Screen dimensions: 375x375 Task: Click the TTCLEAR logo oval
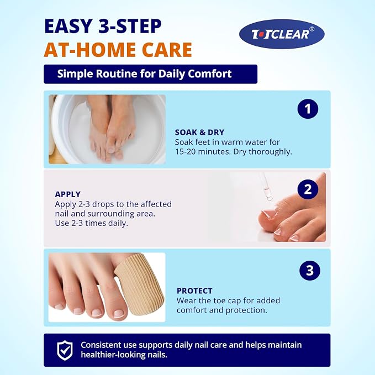click(x=282, y=34)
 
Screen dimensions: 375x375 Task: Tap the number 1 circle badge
click(x=308, y=109)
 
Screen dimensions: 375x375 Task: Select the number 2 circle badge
click(x=308, y=189)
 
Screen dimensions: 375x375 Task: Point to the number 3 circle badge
click(x=310, y=271)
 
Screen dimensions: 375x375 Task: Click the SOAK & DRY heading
click(x=199, y=132)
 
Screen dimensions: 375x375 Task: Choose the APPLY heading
click(x=68, y=194)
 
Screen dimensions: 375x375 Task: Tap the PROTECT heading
click(x=194, y=291)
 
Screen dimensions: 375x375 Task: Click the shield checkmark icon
click(x=65, y=350)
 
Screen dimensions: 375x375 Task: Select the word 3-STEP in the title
click(x=130, y=26)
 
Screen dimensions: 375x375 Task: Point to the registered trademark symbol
click(x=311, y=29)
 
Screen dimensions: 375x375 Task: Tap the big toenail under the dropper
click(x=269, y=214)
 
